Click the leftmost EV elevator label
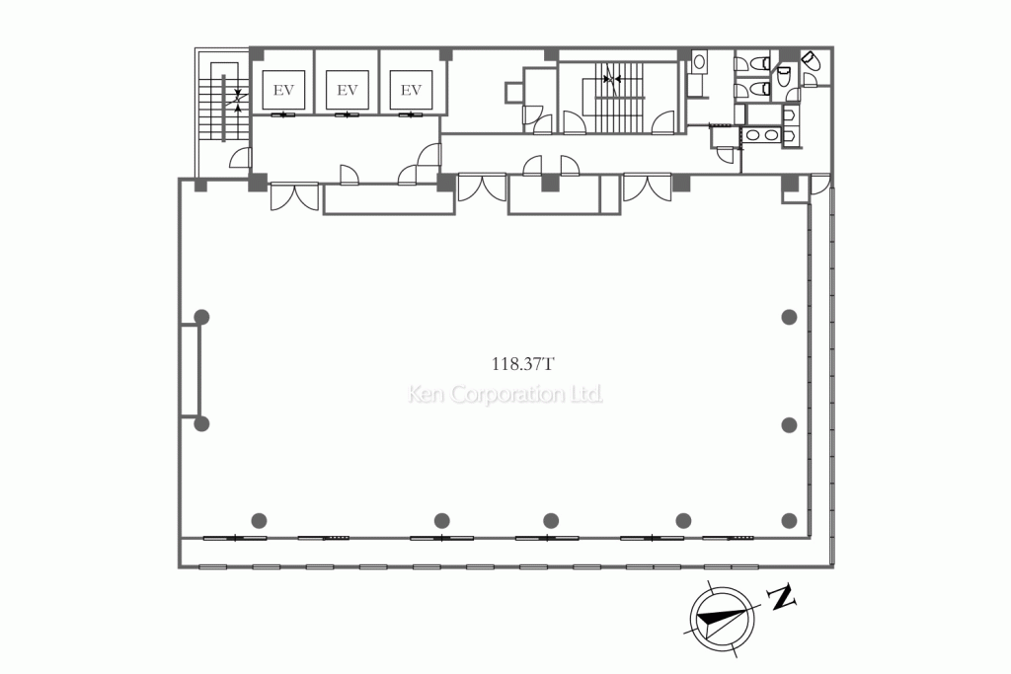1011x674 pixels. (x=283, y=90)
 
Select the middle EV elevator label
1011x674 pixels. (x=347, y=90)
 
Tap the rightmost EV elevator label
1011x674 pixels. (x=411, y=90)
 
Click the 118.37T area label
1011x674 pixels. (x=523, y=364)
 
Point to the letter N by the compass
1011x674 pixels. (x=783, y=597)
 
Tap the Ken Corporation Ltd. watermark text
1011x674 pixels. (x=505, y=394)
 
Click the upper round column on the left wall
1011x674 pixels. (x=201, y=317)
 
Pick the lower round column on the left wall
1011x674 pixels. (x=201, y=423)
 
